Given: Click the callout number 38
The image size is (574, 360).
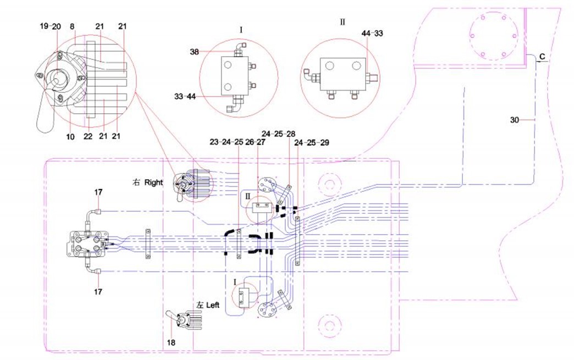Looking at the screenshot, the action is coord(195,52).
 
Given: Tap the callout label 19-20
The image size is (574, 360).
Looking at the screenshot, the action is coord(51,26).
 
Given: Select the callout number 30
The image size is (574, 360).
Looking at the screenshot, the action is coord(515,120).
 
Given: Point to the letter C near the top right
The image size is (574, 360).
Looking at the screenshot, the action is coord(543,57).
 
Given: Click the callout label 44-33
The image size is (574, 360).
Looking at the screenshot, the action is coord(372,34).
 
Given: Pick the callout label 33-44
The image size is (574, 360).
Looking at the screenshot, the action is coord(185,97).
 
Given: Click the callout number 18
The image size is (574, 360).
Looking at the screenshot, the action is coord(171,342).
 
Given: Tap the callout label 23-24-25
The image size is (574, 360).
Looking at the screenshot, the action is coord(226,142).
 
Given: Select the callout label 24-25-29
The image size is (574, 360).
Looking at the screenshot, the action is coord(312,142).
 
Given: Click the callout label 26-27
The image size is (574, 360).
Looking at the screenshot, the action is coord(255,142).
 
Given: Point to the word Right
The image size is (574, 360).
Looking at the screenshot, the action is coord(153,182).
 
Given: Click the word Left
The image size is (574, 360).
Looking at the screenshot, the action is coord(213,304).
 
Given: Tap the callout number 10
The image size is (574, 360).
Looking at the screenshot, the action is coord(70,137).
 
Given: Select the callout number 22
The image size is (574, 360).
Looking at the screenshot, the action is coord(88,136).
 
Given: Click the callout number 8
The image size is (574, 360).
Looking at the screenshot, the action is coord(72,26).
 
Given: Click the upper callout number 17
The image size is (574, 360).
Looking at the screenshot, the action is coord(98,192).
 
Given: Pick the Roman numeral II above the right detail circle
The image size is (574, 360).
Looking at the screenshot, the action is coord(343,22).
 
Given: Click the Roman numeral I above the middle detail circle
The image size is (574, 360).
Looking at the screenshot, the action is coord(241,30).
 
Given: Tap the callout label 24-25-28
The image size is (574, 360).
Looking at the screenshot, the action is coord(279,134).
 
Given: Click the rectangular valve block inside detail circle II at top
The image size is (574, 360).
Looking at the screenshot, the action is coord(343,74).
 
